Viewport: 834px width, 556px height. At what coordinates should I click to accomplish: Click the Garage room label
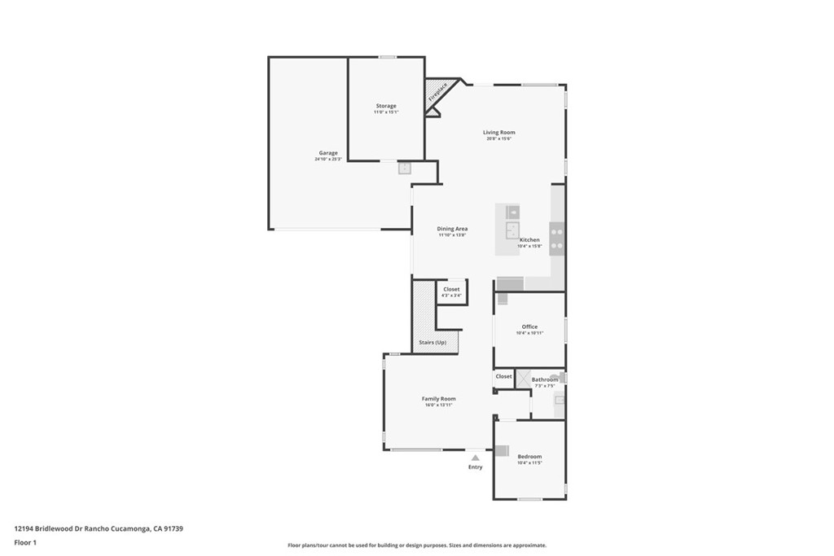coord(328,153)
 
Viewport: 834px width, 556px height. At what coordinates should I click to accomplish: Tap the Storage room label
coord(386,106)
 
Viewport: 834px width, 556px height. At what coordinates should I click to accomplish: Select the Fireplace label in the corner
coord(437,92)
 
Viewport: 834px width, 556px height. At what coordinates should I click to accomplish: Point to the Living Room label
coord(498,133)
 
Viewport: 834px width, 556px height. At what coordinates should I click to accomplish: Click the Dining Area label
coord(452,229)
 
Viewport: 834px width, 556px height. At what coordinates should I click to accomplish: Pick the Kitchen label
coord(529,240)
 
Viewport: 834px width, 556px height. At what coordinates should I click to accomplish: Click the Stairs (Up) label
coord(432,343)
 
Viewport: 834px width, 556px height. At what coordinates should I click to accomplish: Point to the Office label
coord(529,326)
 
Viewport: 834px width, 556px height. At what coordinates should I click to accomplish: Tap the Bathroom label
coord(545,379)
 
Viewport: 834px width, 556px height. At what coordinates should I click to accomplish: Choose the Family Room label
coord(438,399)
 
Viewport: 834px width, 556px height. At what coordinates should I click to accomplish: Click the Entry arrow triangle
coord(475,458)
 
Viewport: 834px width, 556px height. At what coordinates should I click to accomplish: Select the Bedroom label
coord(529,457)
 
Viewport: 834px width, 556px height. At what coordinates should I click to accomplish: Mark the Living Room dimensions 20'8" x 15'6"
coord(498,139)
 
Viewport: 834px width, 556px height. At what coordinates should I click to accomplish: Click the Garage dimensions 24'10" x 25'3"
coord(328,160)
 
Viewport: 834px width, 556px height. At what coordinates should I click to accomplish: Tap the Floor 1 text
coord(26,542)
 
